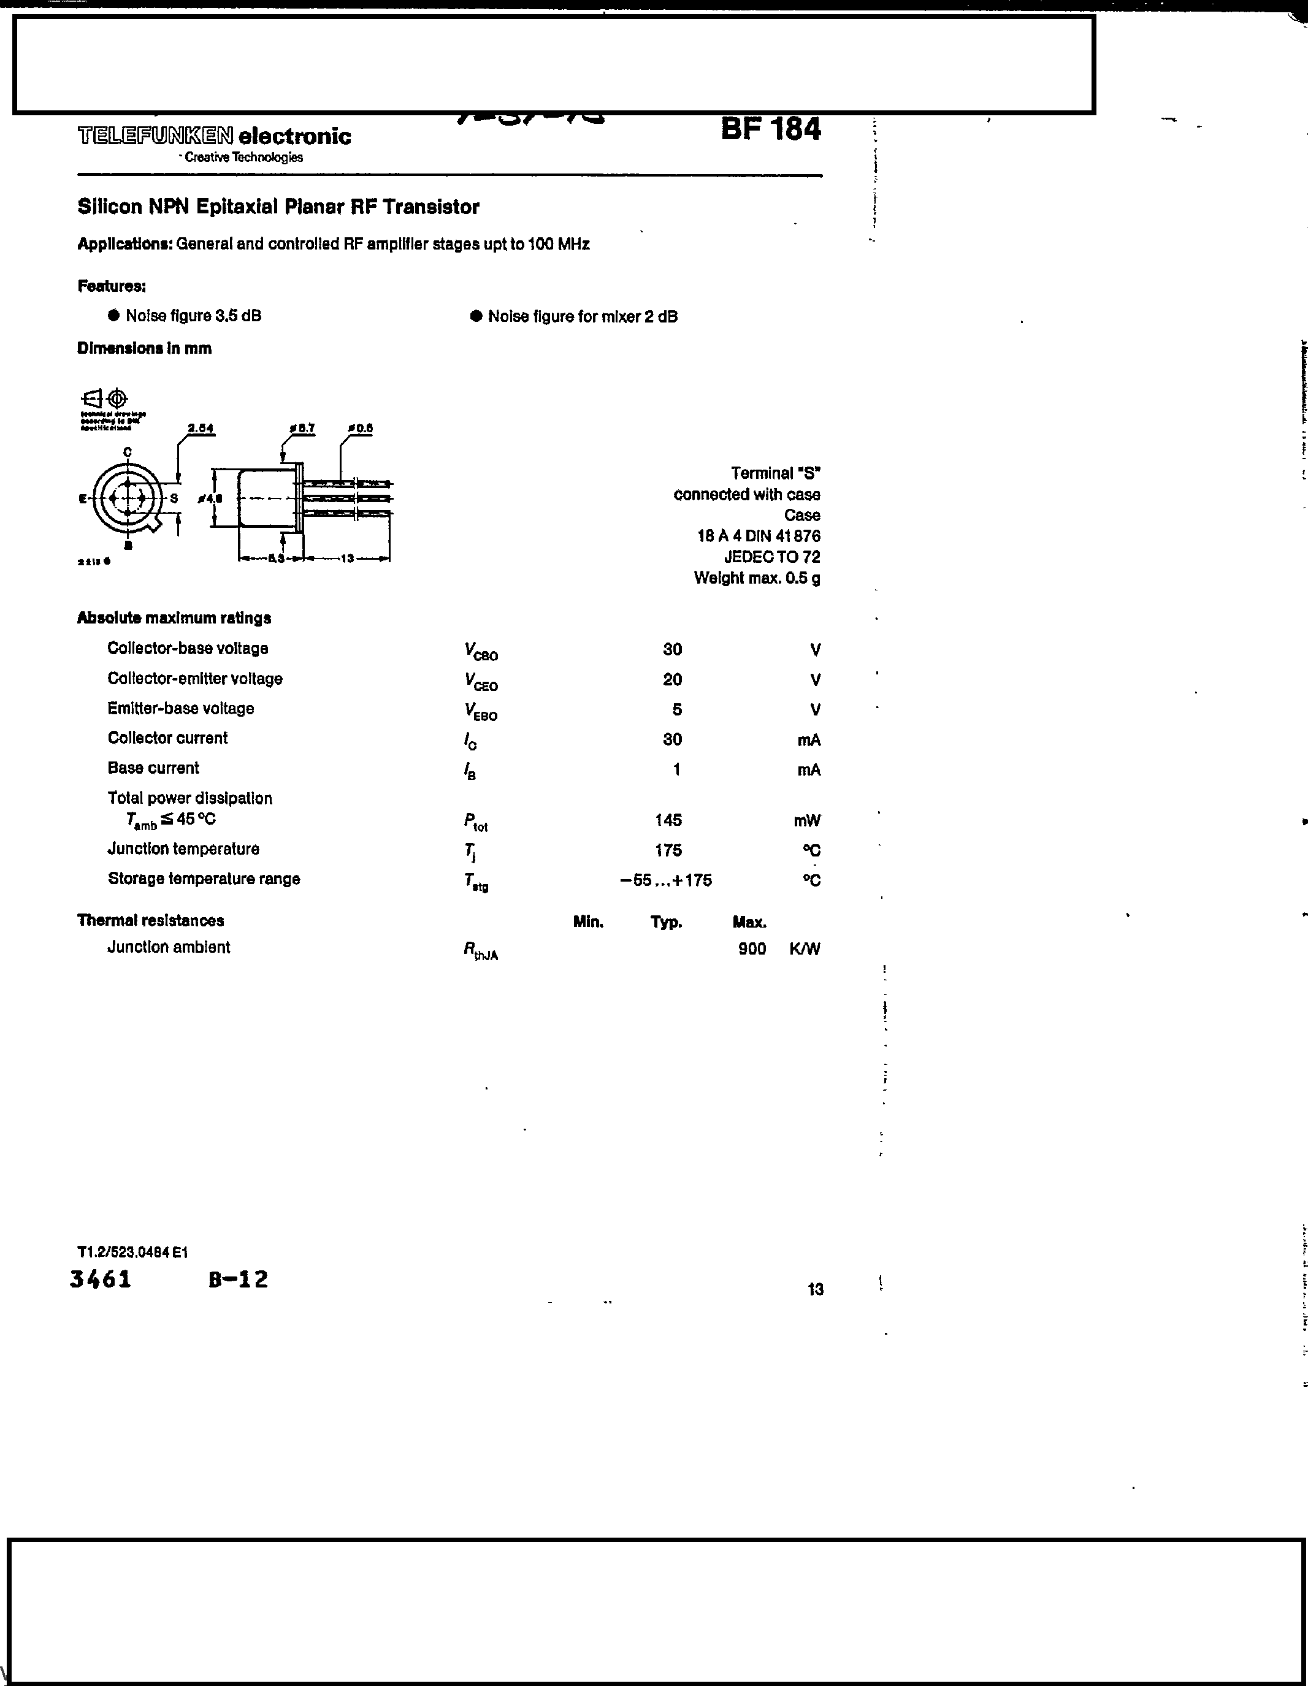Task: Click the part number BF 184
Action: (x=771, y=129)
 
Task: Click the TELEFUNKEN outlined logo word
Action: (x=155, y=137)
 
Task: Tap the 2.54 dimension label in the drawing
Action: (x=201, y=429)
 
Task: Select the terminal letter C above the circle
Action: (x=128, y=452)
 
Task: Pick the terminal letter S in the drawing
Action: (x=174, y=498)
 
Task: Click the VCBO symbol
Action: (x=480, y=652)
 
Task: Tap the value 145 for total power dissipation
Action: (x=668, y=820)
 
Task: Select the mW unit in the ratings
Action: (x=807, y=820)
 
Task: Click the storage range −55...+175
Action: (x=665, y=880)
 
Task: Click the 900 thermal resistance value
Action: (x=751, y=949)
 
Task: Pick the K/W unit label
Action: (x=805, y=949)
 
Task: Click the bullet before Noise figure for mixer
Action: (x=476, y=316)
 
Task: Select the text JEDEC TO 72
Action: (x=771, y=557)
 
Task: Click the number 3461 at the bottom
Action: (x=101, y=1279)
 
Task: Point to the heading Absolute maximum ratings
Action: (x=174, y=617)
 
